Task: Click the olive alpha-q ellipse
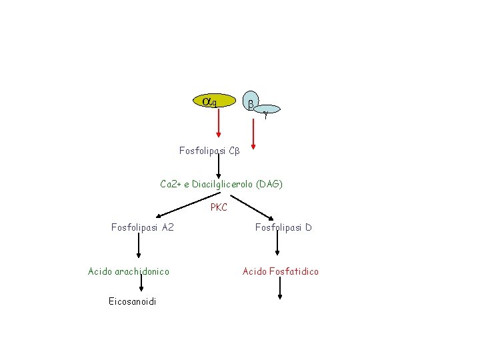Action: [x=213, y=101]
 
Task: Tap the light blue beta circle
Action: [x=251, y=102]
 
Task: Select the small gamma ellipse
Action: [x=267, y=111]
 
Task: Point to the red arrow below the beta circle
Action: [x=253, y=131]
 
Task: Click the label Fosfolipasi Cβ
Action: [x=209, y=151]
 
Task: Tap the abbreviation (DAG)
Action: [x=267, y=183]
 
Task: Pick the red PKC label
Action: [x=219, y=207]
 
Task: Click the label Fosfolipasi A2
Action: [x=143, y=228]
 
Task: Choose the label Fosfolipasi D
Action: [x=283, y=228]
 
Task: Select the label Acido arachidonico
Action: [x=129, y=271]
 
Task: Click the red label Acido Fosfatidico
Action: [x=281, y=271]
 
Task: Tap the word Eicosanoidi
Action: [x=132, y=302]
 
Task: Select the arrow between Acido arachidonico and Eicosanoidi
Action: [x=141, y=285]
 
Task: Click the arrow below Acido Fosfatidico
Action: [x=280, y=288]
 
